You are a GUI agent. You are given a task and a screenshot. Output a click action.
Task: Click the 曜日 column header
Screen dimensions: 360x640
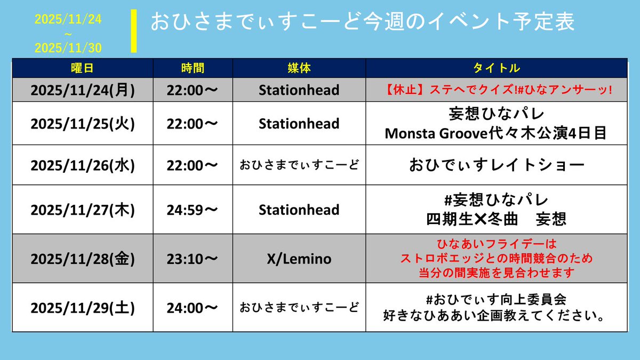click(x=83, y=68)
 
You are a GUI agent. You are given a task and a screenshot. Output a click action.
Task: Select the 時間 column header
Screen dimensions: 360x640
click(x=193, y=68)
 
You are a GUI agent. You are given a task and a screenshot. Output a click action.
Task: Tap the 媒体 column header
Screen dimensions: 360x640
click(x=299, y=68)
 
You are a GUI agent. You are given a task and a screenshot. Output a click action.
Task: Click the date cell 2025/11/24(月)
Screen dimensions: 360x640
click(x=83, y=90)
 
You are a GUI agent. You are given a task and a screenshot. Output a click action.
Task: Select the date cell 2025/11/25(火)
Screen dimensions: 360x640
click(x=83, y=124)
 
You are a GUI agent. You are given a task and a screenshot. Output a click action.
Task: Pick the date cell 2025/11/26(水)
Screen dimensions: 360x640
click(x=83, y=165)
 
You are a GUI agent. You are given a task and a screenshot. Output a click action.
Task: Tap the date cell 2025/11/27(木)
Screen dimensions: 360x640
click(x=83, y=210)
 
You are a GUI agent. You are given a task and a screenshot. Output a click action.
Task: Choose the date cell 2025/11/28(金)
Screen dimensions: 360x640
click(x=83, y=259)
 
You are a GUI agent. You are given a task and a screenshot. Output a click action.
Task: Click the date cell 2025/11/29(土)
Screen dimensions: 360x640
click(x=83, y=308)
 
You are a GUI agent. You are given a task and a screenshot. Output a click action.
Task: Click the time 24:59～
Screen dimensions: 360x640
click(x=193, y=210)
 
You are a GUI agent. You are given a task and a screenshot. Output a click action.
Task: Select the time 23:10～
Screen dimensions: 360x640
click(x=193, y=259)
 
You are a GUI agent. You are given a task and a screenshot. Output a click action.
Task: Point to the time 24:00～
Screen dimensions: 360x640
click(x=193, y=308)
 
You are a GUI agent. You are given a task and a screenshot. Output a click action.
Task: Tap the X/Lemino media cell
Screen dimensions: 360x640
click(x=299, y=259)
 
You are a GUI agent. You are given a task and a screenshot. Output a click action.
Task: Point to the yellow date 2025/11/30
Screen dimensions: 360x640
click(x=68, y=48)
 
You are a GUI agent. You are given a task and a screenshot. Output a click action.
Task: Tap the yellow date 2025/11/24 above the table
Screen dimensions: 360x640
click(x=68, y=20)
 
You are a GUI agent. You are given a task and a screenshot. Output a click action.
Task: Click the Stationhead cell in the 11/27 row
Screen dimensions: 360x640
click(x=299, y=210)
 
